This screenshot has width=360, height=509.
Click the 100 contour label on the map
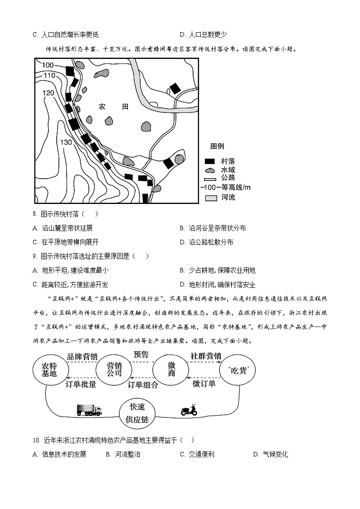[x=49, y=65]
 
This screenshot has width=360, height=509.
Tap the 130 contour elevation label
[x=66, y=142]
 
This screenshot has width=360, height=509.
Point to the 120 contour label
[x=49, y=93]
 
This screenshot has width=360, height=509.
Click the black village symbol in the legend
[x=209, y=161]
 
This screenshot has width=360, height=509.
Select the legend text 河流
[x=228, y=198]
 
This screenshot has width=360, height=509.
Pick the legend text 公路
[x=228, y=178]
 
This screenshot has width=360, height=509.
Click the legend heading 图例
[x=217, y=146]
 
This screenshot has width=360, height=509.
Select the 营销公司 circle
[x=114, y=370]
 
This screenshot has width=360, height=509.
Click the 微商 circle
[x=171, y=370]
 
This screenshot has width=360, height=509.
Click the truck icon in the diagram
[x=89, y=411]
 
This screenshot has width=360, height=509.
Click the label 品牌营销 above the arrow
[x=82, y=356]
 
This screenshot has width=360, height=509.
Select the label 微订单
[x=204, y=384]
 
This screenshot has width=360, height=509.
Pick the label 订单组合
[x=143, y=385]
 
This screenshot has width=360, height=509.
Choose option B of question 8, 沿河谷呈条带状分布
[x=217, y=228]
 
